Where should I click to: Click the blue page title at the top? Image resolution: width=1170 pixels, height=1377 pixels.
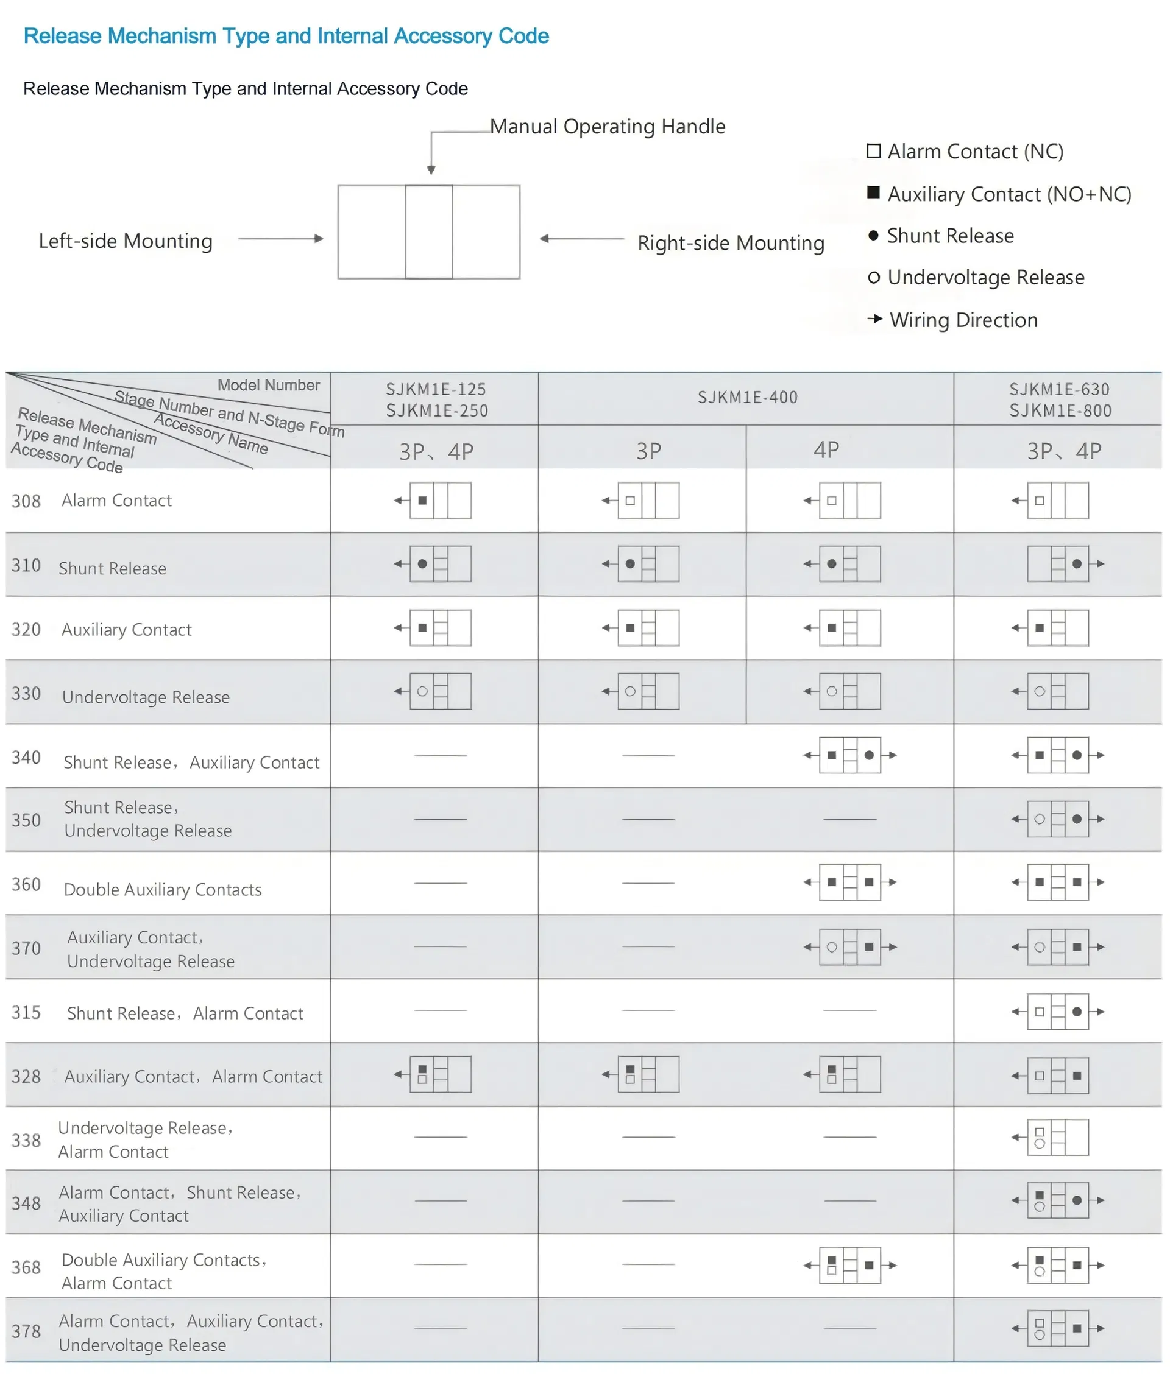[286, 36]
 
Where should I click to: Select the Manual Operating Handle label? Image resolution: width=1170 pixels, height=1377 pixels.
[607, 127]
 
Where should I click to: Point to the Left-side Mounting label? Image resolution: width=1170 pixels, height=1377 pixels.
[126, 241]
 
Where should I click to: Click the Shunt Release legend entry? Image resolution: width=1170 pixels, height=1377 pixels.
[949, 236]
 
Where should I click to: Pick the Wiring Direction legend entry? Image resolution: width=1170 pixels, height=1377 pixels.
[962, 320]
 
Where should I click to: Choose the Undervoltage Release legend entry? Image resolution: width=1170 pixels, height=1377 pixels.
[985, 277]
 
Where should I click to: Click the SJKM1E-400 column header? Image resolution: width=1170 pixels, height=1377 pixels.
[747, 397]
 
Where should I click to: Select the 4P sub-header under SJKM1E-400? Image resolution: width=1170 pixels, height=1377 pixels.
[826, 450]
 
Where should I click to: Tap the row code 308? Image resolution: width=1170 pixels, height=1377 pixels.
[27, 501]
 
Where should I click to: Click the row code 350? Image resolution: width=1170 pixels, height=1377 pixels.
[27, 820]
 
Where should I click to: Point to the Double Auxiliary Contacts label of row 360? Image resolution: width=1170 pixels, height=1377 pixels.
[163, 889]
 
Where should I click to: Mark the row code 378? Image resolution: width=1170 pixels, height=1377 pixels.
[27, 1331]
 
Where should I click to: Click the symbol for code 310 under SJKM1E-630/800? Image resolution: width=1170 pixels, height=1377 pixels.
[1058, 563]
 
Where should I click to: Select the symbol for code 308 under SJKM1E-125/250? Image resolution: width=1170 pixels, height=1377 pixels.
[440, 501]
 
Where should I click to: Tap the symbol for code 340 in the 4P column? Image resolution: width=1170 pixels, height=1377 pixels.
[849, 755]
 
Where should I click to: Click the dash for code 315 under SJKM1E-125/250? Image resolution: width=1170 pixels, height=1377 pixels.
[441, 1010]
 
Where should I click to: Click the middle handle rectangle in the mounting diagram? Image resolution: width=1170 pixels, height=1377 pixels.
[429, 231]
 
